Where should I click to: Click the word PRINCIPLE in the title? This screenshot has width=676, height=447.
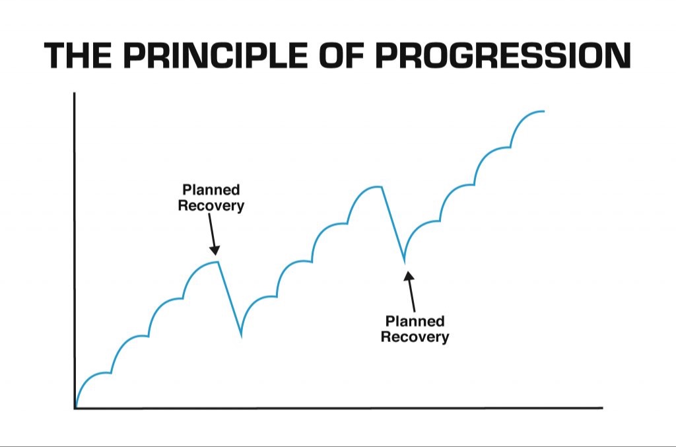click(x=215, y=55)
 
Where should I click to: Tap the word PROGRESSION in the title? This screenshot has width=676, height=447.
click(x=503, y=55)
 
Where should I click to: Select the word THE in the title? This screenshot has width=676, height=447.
click(x=78, y=55)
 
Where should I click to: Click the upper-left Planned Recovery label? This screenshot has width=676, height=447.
click(x=211, y=197)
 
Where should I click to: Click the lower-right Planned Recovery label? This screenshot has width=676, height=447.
click(x=415, y=329)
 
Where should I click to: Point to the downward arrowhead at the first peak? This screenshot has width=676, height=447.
click(x=215, y=250)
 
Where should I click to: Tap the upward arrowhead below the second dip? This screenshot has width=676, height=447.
click(x=409, y=275)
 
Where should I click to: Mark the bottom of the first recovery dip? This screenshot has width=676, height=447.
click(x=241, y=337)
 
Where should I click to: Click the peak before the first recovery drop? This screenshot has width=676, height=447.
click(x=217, y=261)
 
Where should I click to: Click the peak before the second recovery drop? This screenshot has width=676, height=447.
click(x=381, y=187)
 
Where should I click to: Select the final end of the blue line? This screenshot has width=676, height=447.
click(x=544, y=111)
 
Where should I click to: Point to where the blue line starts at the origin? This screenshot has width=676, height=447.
click(x=76, y=407)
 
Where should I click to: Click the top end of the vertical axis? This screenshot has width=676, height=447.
click(x=75, y=92)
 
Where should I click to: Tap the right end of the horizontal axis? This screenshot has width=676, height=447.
click(x=602, y=407)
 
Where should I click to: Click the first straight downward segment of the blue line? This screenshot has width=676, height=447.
click(x=229, y=300)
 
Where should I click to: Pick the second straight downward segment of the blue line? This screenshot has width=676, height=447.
click(x=393, y=224)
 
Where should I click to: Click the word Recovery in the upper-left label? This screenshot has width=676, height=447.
click(x=211, y=206)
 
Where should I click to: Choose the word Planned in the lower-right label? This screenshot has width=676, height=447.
click(x=415, y=321)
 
